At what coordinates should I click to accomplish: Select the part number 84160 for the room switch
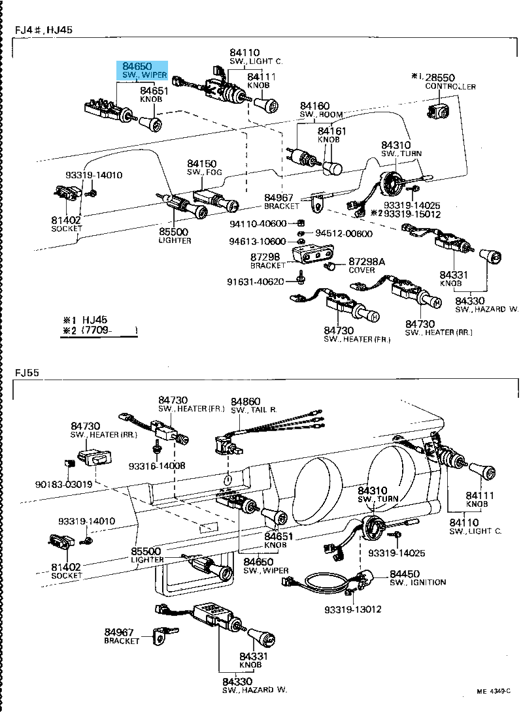314,106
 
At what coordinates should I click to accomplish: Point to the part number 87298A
367,261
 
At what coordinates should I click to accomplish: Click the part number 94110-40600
258,224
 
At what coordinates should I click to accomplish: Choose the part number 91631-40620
256,282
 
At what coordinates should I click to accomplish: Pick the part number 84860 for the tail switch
245,400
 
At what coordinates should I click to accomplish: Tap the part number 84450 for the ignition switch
405,574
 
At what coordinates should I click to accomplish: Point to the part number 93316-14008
157,466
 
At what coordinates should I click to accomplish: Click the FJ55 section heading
27,373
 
